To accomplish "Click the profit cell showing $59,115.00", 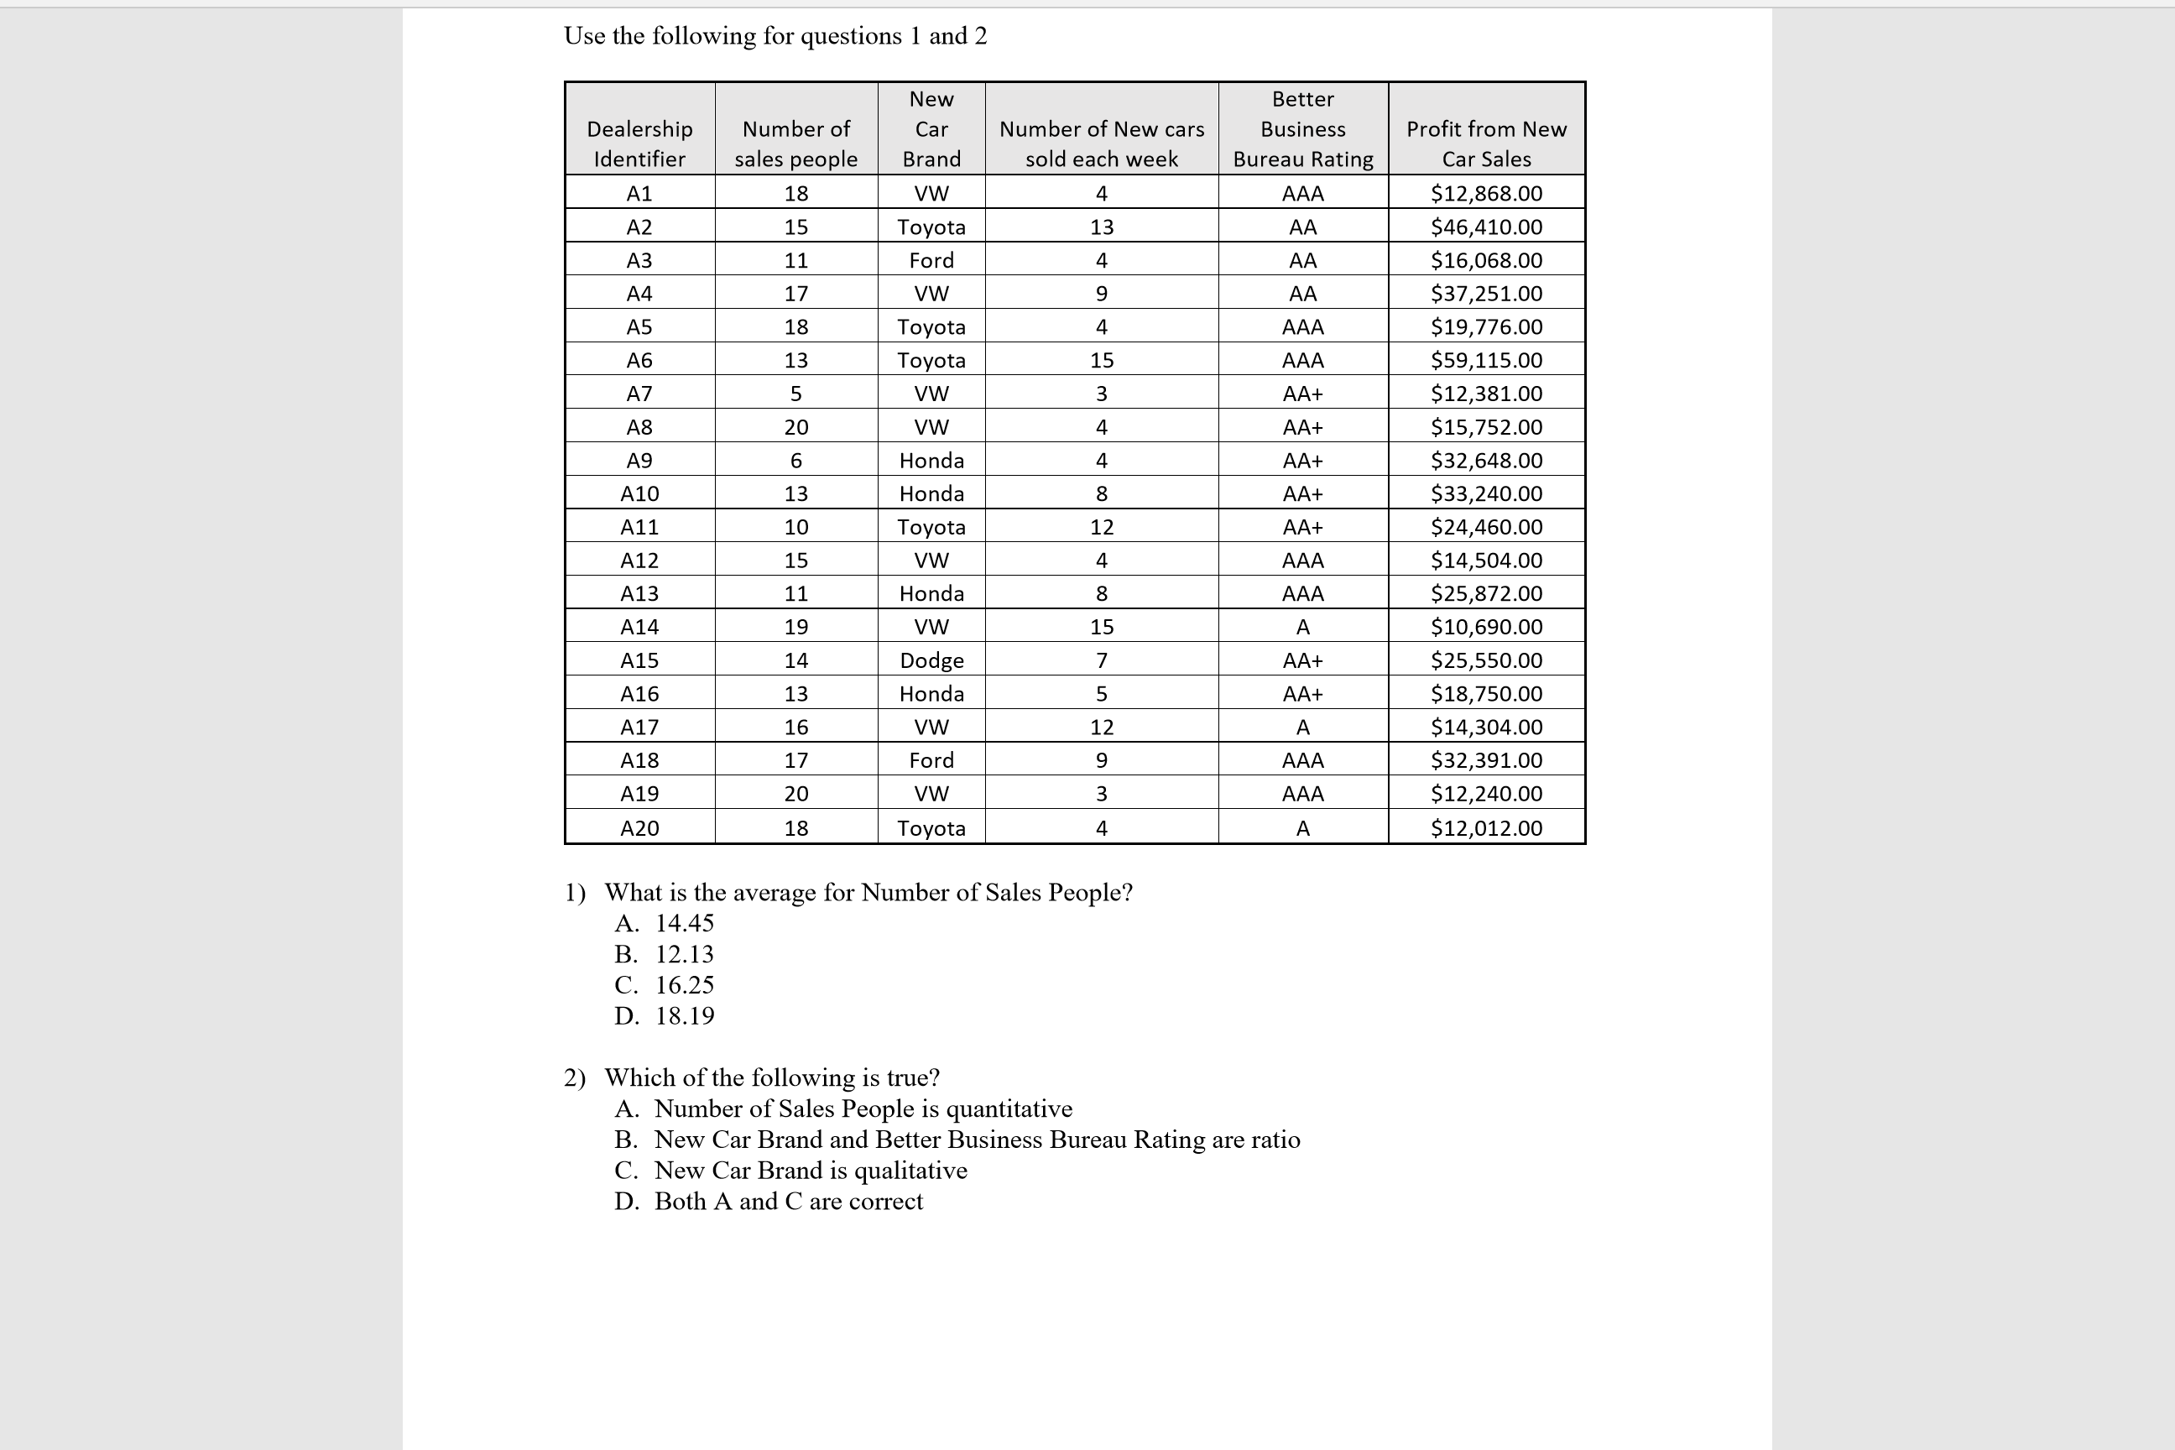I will click(x=1486, y=360).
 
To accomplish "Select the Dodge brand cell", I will click(x=931, y=660).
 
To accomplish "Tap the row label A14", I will click(x=639, y=627).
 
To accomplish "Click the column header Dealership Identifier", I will click(x=639, y=143).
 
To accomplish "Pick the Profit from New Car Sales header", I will click(x=1486, y=143).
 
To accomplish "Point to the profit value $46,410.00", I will click(x=1486, y=227).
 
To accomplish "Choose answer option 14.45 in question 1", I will click(x=685, y=923).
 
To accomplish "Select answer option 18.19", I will click(x=685, y=1015).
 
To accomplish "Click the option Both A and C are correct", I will click(x=788, y=1202).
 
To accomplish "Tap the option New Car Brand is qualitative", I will click(x=810, y=1170).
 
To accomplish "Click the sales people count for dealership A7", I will click(x=795, y=394).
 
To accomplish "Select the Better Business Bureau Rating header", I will click(x=1302, y=129).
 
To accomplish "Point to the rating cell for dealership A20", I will click(x=1302, y=827).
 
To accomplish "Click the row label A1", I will click(x=639, y=193).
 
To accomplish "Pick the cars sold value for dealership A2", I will click(x=1102, y=227).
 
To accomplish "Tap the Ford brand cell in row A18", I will click(x=931, y=760).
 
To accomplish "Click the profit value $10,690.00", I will click(x=1486, y=627).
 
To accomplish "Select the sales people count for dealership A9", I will click(x=795, y=461).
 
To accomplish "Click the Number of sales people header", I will click(x=795, y=143).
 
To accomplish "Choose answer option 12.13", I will click(x=685, y=954).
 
